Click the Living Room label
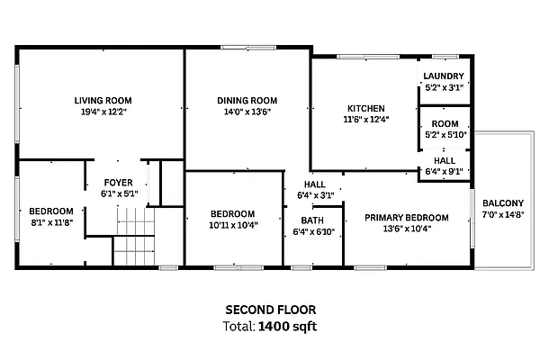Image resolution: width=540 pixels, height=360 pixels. click(x=103, y=100)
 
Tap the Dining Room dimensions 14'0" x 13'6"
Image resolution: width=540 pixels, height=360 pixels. click(x=246, y=112)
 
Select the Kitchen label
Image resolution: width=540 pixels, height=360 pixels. click(x=366, y=107)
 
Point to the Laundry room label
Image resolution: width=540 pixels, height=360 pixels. click(x=445, y=76)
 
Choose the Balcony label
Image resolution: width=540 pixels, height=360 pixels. click(x=502, y=202)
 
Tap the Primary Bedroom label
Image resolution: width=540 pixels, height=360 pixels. click(x=407, y=217)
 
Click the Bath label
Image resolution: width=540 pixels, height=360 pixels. click(x=313, y=220)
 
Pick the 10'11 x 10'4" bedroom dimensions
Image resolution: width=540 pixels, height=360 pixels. click(x=233, y=225)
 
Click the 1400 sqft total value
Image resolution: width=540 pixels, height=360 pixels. click(x=287, y=326)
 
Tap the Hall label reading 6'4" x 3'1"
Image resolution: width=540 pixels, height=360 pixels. click(x=314, y=194)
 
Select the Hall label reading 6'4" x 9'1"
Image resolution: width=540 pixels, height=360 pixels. click(x=445, y=172)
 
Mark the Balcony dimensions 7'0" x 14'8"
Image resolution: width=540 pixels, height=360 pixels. click(x=502, y=214)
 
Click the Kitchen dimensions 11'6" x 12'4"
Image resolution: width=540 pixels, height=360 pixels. click(x=366, y=119)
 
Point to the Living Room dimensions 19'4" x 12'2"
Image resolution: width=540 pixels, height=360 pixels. click(x=103, y=112)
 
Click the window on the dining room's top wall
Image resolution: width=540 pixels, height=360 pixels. click(x=248, y=48)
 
